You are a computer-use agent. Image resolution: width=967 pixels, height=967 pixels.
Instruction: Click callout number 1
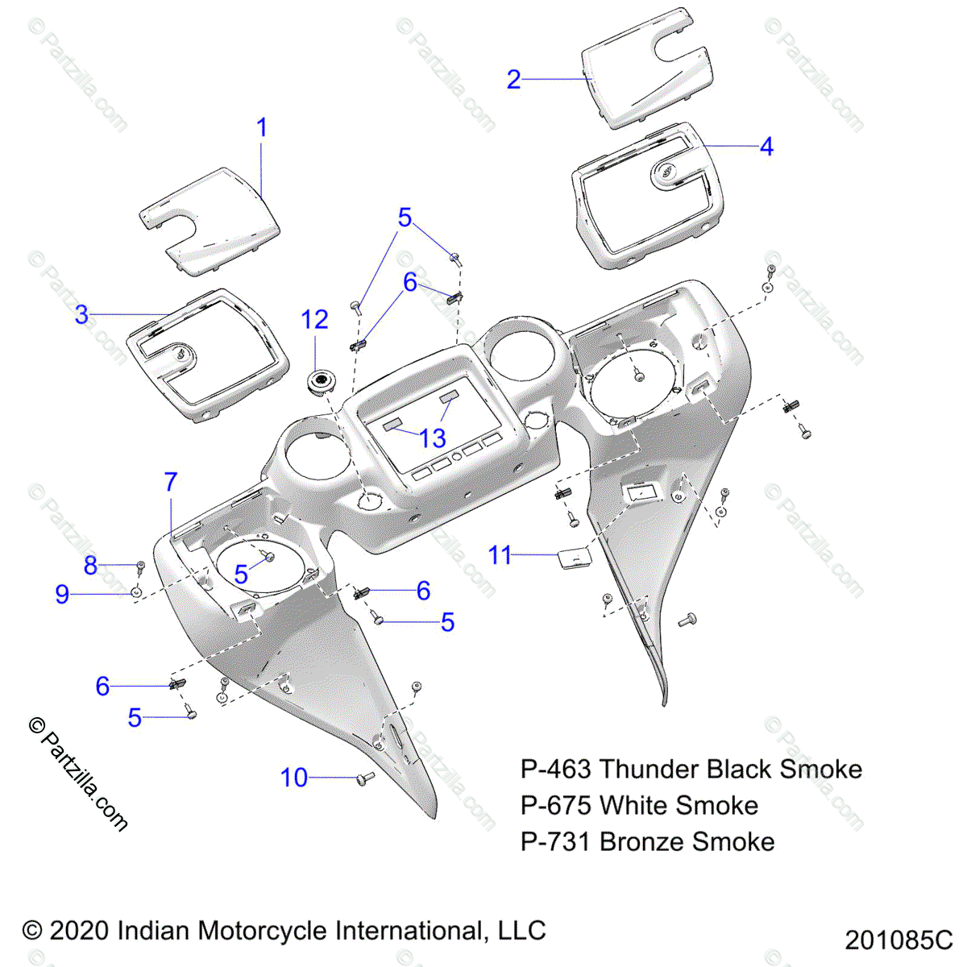(261, 128)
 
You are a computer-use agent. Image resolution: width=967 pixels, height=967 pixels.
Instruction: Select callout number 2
(514, 80)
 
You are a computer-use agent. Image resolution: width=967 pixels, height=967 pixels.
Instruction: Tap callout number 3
(81, 314)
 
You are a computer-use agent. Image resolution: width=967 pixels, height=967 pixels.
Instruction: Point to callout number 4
(766, 147)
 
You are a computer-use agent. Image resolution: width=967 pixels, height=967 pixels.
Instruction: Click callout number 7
(170, 482)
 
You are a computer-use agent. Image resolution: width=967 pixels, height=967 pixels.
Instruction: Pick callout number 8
(90, 566)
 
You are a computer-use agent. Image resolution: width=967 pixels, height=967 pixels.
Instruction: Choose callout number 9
(62, 595)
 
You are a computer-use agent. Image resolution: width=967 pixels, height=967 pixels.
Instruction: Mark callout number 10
(294, 778)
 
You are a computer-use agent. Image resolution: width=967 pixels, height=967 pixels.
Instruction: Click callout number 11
(500, 555)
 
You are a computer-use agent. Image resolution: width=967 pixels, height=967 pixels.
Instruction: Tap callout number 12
(314, 320)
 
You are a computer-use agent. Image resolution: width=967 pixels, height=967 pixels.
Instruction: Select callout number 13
(433, 438)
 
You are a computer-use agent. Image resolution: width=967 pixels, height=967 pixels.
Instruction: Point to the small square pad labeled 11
(574, 558)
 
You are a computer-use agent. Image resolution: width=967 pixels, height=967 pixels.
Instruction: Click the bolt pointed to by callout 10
(365, 779)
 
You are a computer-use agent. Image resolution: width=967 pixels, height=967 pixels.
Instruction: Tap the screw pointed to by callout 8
(140, 567)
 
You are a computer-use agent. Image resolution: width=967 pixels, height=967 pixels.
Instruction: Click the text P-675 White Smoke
(639, 805)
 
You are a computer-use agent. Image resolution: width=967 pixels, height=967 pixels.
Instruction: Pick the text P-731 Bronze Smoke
(647, 841)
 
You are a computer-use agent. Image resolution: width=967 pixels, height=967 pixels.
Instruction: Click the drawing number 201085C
(899, 940)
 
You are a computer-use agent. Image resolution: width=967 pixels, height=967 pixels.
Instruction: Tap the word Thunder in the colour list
(646, 769)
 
